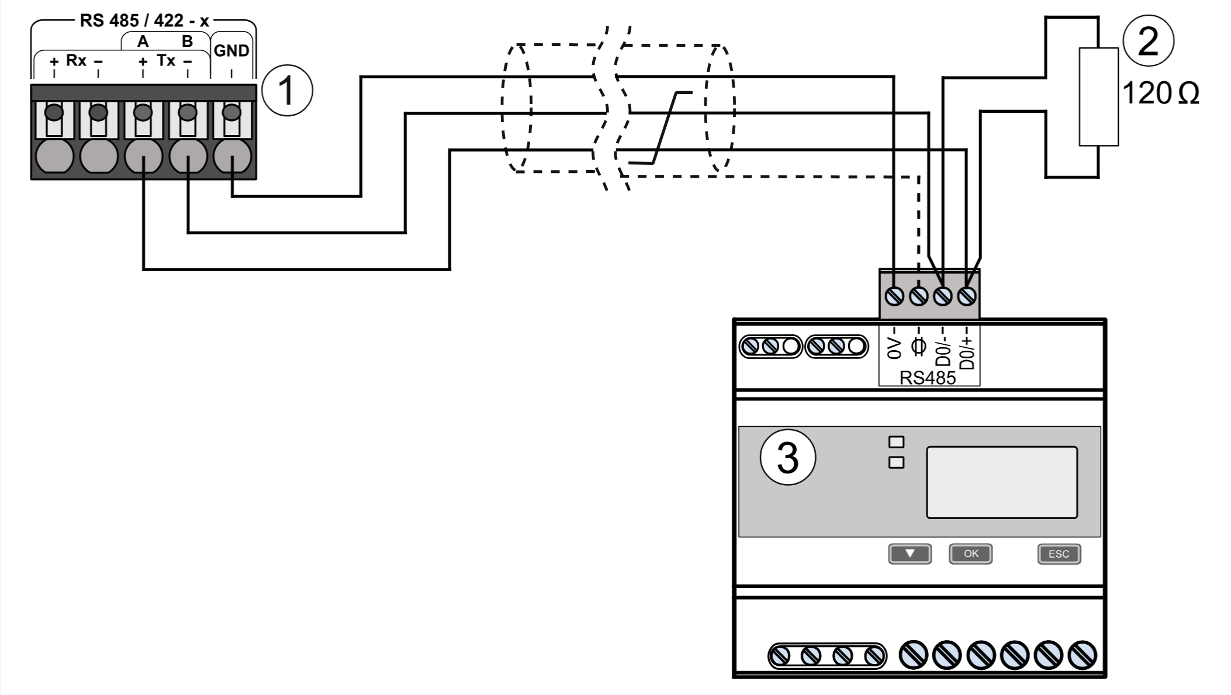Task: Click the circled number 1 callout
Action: pyautogui.click(x=286, y=91)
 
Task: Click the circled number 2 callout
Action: pyautogui.click(x=1148, y=42)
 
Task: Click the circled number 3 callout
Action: pyautogui.click(x=787, y=457)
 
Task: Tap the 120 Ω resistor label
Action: pyautogui.click(x=1160, y=94)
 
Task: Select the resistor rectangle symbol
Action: pyautogui.click(x=1098, y=96)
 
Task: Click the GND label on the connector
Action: pyautogui.click(x=231, y=51)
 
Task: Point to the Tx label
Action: pyautogui.click(x=165, y=60)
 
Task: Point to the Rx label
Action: pyautogui.click(x=76, y=60)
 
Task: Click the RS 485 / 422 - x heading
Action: pyautogui.click(x=144, y=20)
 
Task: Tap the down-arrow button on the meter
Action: pyautogui.click(x=910, y=554)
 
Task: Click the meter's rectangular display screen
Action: pyautogui.click(x=1001, y=482)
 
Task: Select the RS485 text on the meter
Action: pyautogui.click(x=927, y=378)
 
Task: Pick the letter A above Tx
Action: pyautogui.click(x=143, y=42)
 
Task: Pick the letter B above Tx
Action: pyautogui.click(x=187, y=42)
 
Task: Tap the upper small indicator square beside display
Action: pyautogui.click(x=895, y=442)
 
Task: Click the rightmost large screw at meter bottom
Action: pyautogui.click(x=1082, y=655)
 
